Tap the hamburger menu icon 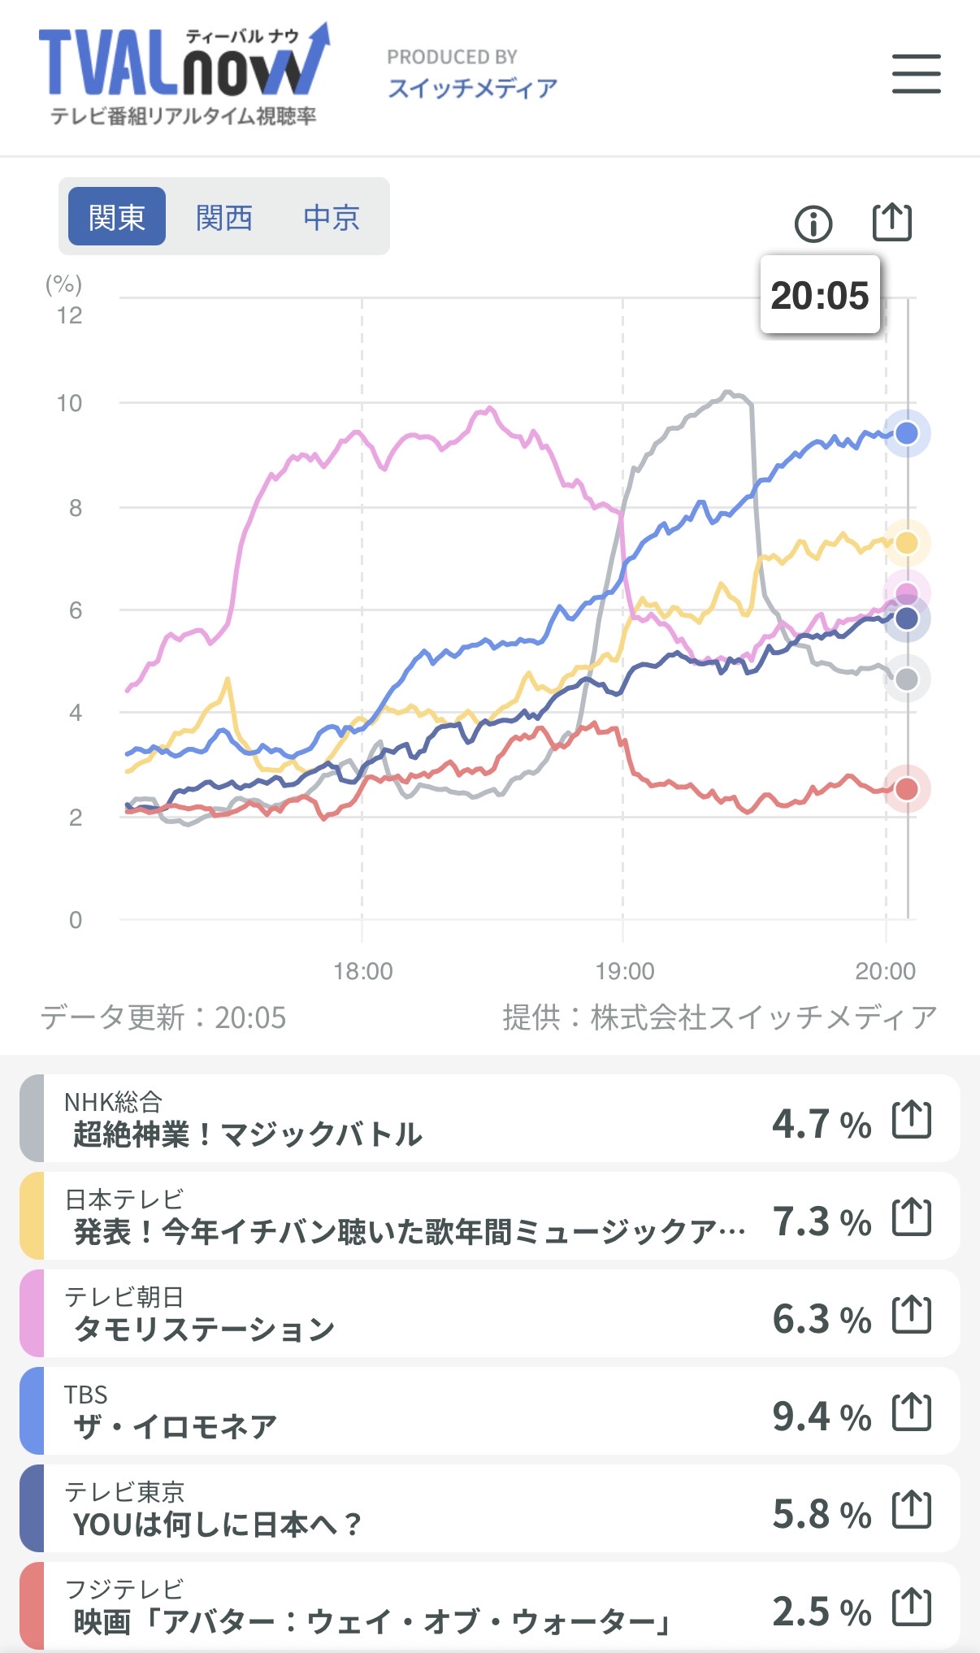pyautogui.click(x=916, y=74)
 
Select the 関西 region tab pyautogui.click(x=223, y=217)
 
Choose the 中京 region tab pyautogui.click(x=331, y=217)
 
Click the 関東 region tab pyautogui.click(x=117, y=217)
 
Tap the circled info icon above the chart pyautogui.click(x=813, y=223)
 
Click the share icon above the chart pyautogui.click(x=891, y=222)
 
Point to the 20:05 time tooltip pyautogui.click(x=819, y=295)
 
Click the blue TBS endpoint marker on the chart pyautogui.click(x=907, y=433)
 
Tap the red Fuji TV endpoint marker pyautogui.click(x=907, y=788)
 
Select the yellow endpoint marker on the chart pyautogui.click(x=907, y=542)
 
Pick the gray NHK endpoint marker pyautogui.click(x=907, y=679)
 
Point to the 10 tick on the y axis pyautogui.click(x=70, y=403)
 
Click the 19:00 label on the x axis pyautogui.click(x=624, y=971)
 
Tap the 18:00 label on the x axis pyautogui.click(x=362, y=971)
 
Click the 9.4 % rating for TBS pyautogui.click(x=821, y=1417)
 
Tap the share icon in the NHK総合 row pyautogui.click(x=911, y=1120)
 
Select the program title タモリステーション pyautogui.click(x=204, y=1330)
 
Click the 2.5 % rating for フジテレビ pyautogui.click(x=821, y=1612)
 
